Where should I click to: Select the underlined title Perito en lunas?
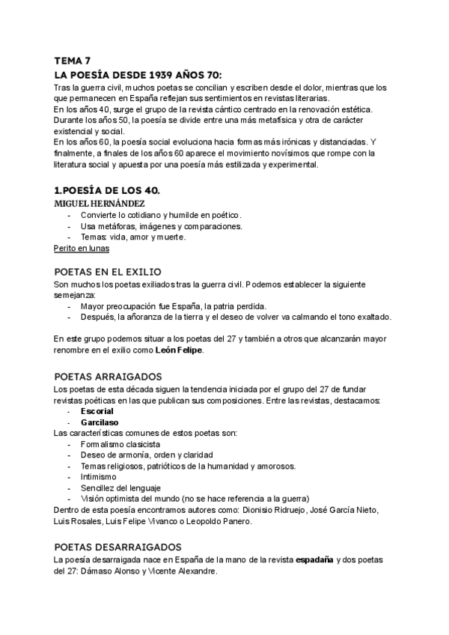pyautogui.click(x=82, y=248)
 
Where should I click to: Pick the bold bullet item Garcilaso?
pyautogui.click(x=98, y=422)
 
